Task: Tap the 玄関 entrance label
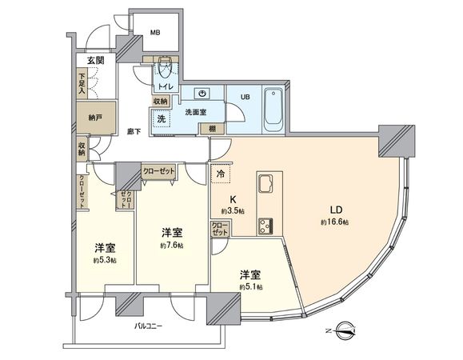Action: tap(96, 61)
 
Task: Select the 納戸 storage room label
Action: tap(96, 118)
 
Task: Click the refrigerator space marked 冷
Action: tap(220, 172)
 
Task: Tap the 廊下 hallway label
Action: tap(134, 131)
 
